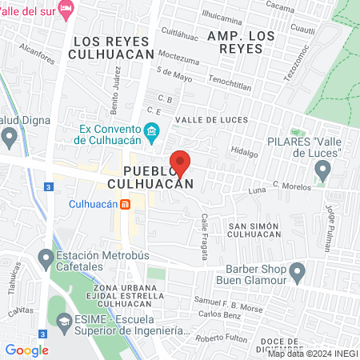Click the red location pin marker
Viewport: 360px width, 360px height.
coord(181,163)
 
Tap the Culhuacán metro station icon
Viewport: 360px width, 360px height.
coord(126,204)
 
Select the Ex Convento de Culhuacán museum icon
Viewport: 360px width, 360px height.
coord(151,130)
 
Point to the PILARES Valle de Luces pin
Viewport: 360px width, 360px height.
coord(322,170)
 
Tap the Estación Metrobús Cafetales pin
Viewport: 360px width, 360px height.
coord(45,258)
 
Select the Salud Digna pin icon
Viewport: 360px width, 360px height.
coord(9,137)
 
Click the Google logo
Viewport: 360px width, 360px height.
coord(26,350)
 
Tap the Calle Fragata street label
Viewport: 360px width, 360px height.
coord(205,237)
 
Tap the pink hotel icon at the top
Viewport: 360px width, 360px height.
coord(66,8)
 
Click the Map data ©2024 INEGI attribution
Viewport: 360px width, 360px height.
coord(312,353)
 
